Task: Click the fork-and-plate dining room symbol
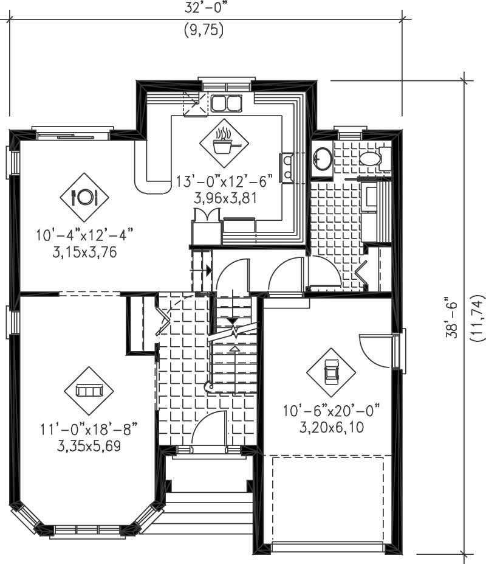(84, 197)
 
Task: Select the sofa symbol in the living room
(89, 391)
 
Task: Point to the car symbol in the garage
(330, 372)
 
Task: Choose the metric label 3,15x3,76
(84, 249)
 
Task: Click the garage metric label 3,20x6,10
(332, 427)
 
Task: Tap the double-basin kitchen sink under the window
(226, 103)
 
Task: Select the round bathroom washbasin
(322, 159)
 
